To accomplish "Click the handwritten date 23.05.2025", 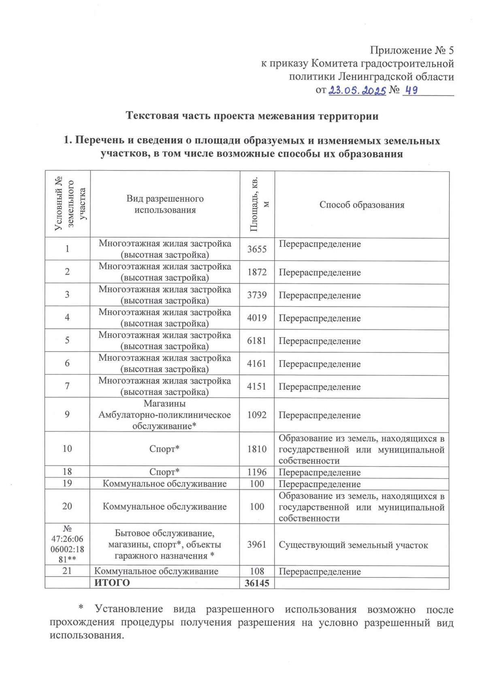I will [x=357, y=90].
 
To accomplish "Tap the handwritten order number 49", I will [x=411, y=90].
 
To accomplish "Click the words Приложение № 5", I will [x=411, y=50].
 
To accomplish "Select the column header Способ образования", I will [x=362, y=205].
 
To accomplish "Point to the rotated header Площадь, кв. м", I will [x=258, y=205].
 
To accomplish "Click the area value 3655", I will [x=257, y=249].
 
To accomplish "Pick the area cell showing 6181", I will [x=257, y=341].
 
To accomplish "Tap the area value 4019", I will [x=257, y=318].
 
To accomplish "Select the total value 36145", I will [x=257, y=583].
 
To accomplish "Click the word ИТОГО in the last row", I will [x=112, y=583].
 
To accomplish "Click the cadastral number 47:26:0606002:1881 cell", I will [x=67, y=545].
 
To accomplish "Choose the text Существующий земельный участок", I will [x=353, y=545].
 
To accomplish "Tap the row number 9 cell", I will [x=67, y=414].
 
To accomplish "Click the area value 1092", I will [x=257, y=415].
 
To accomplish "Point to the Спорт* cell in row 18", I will [x=164, y=472].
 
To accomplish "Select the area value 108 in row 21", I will [x=257, y=571].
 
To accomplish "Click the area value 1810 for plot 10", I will [x=257, y=449].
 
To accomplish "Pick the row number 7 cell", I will [x=67, y=386].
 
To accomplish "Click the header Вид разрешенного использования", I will [x=165, y=204].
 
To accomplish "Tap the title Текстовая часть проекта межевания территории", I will [x=252, y=116].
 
